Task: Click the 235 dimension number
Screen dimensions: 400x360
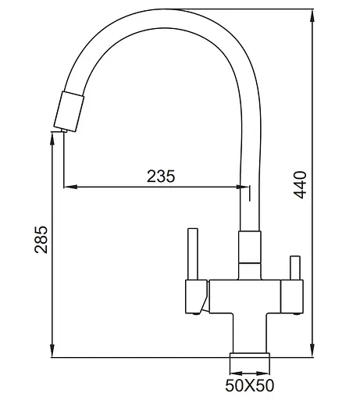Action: coord(160,176)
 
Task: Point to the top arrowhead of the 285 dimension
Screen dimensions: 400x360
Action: coord(52,135)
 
